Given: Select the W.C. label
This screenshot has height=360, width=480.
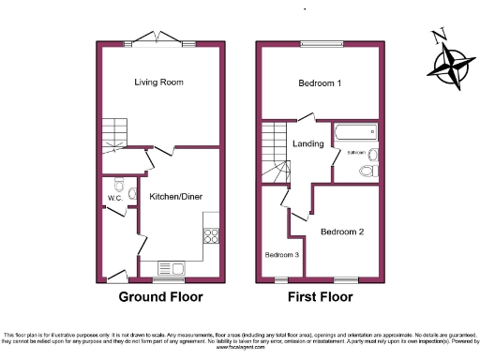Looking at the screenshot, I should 115,199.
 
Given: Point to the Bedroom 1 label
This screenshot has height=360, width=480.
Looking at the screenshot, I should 319,83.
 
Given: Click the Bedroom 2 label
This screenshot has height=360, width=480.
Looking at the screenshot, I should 341,231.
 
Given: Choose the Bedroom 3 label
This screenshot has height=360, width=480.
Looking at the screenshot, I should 282,254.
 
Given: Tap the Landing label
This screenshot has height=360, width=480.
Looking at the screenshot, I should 308,144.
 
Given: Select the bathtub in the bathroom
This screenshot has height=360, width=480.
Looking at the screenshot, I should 355,131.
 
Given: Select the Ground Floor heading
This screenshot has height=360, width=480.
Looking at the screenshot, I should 160,298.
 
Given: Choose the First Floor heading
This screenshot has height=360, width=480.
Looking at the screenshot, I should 320,298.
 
